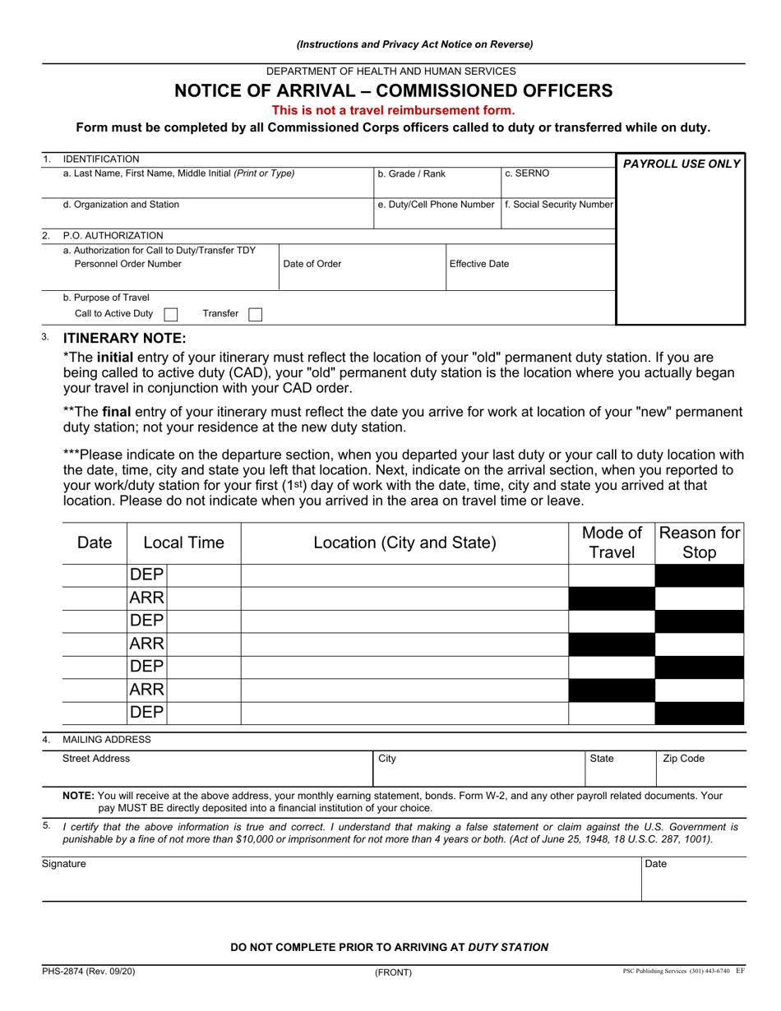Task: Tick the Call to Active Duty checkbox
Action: point(171,314)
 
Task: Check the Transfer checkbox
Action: point(255,314)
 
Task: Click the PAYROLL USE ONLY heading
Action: point(682,164)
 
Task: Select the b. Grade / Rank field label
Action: point(411,174)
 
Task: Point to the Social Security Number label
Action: point(559,205)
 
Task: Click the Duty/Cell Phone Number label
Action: point(436,205)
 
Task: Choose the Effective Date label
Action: point(479,264)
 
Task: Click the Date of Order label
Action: point(312,264)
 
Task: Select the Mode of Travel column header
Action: point(612,542)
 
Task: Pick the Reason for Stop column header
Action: point(700,542)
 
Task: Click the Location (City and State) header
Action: point(404,542)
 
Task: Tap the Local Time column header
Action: point(183,542)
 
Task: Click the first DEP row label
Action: point(147,575)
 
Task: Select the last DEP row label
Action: point(147,713)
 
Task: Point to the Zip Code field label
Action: point(683,759)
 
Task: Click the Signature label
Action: point(64,864)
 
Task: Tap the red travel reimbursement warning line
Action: point(394,110)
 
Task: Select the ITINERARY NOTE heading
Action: point(125,338)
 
